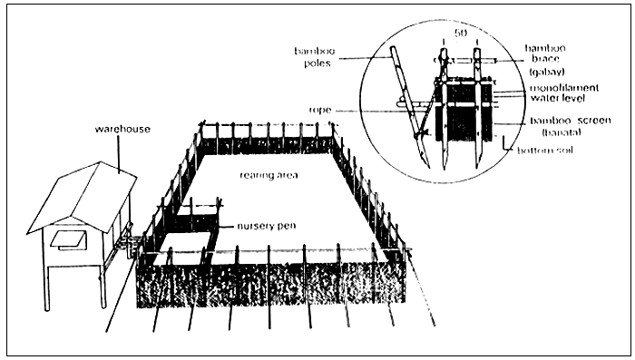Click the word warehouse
coord(122,130)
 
